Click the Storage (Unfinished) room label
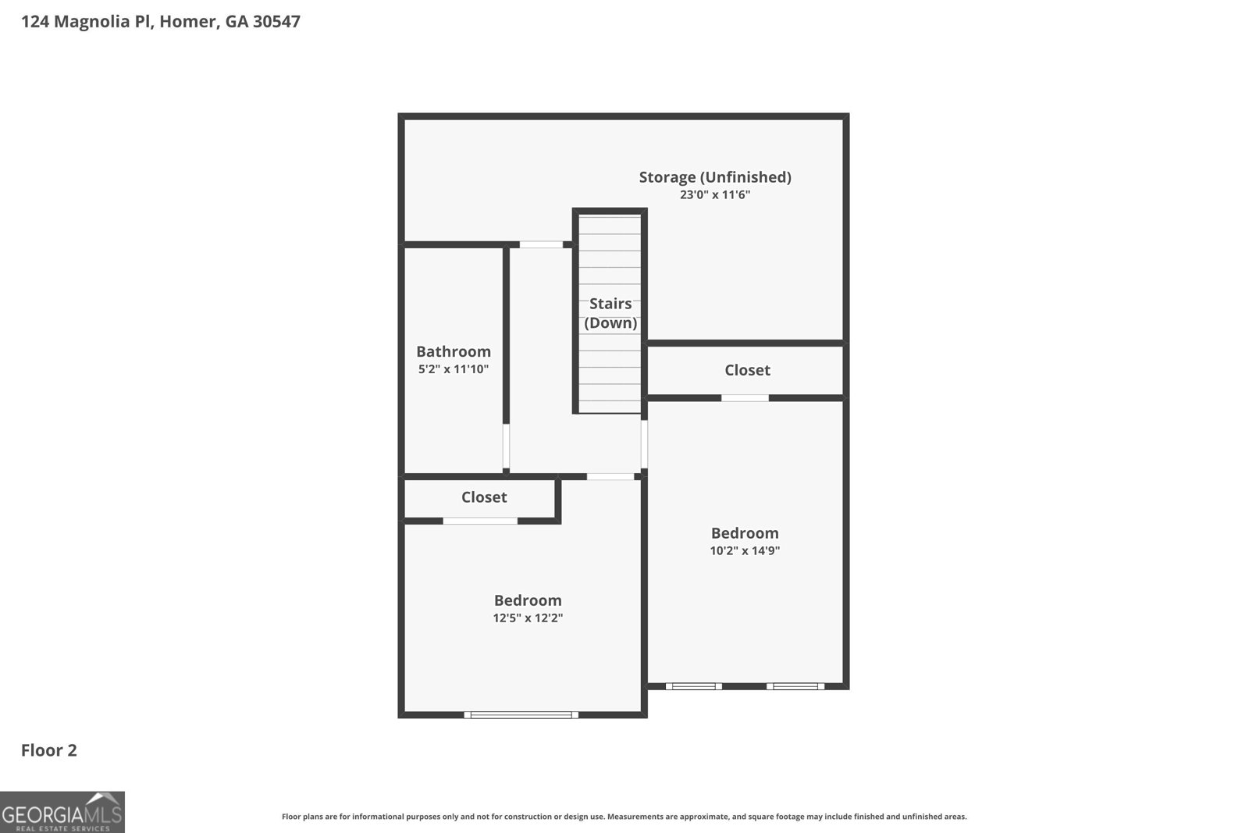[715, 177]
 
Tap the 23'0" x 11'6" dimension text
[715, 195]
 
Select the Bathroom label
[454, 351]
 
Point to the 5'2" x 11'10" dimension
[454, 369]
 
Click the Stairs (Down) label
[610, 313]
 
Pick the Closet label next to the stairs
[747, 370]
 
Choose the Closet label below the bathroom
[484, 497]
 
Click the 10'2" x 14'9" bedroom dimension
[745, 551]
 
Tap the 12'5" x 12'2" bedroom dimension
[528, 618]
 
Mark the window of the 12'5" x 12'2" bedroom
[521, 714]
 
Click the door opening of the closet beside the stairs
[745, 398]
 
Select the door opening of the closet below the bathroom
[480, 521]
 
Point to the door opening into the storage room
[541, 244]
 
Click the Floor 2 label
[49, 750]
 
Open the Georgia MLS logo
[62, 812]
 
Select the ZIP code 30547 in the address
[276, 21]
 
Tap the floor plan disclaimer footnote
[624, 817]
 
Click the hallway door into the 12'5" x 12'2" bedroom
[610, 476]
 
